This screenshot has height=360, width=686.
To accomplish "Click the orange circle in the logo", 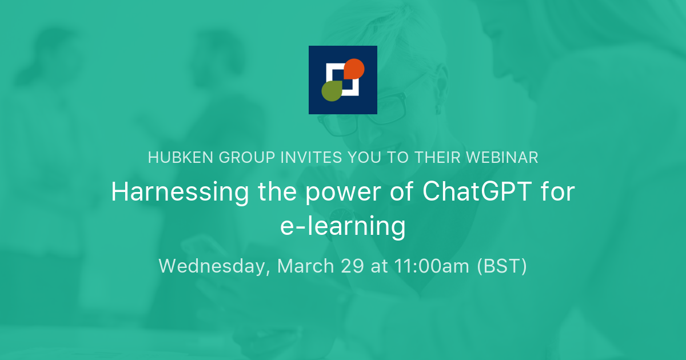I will (x=354, y=69).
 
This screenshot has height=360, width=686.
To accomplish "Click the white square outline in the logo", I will (x=330, y=71).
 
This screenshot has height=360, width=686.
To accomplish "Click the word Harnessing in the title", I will (x=180, y=193).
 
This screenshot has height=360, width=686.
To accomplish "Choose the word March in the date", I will (x=306, y=266).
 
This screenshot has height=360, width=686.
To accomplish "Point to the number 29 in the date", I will (x=353, y=266).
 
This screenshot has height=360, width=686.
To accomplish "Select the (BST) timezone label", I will (x=502, y=266).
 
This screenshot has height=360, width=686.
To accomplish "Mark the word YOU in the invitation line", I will (x=363, y=158).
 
